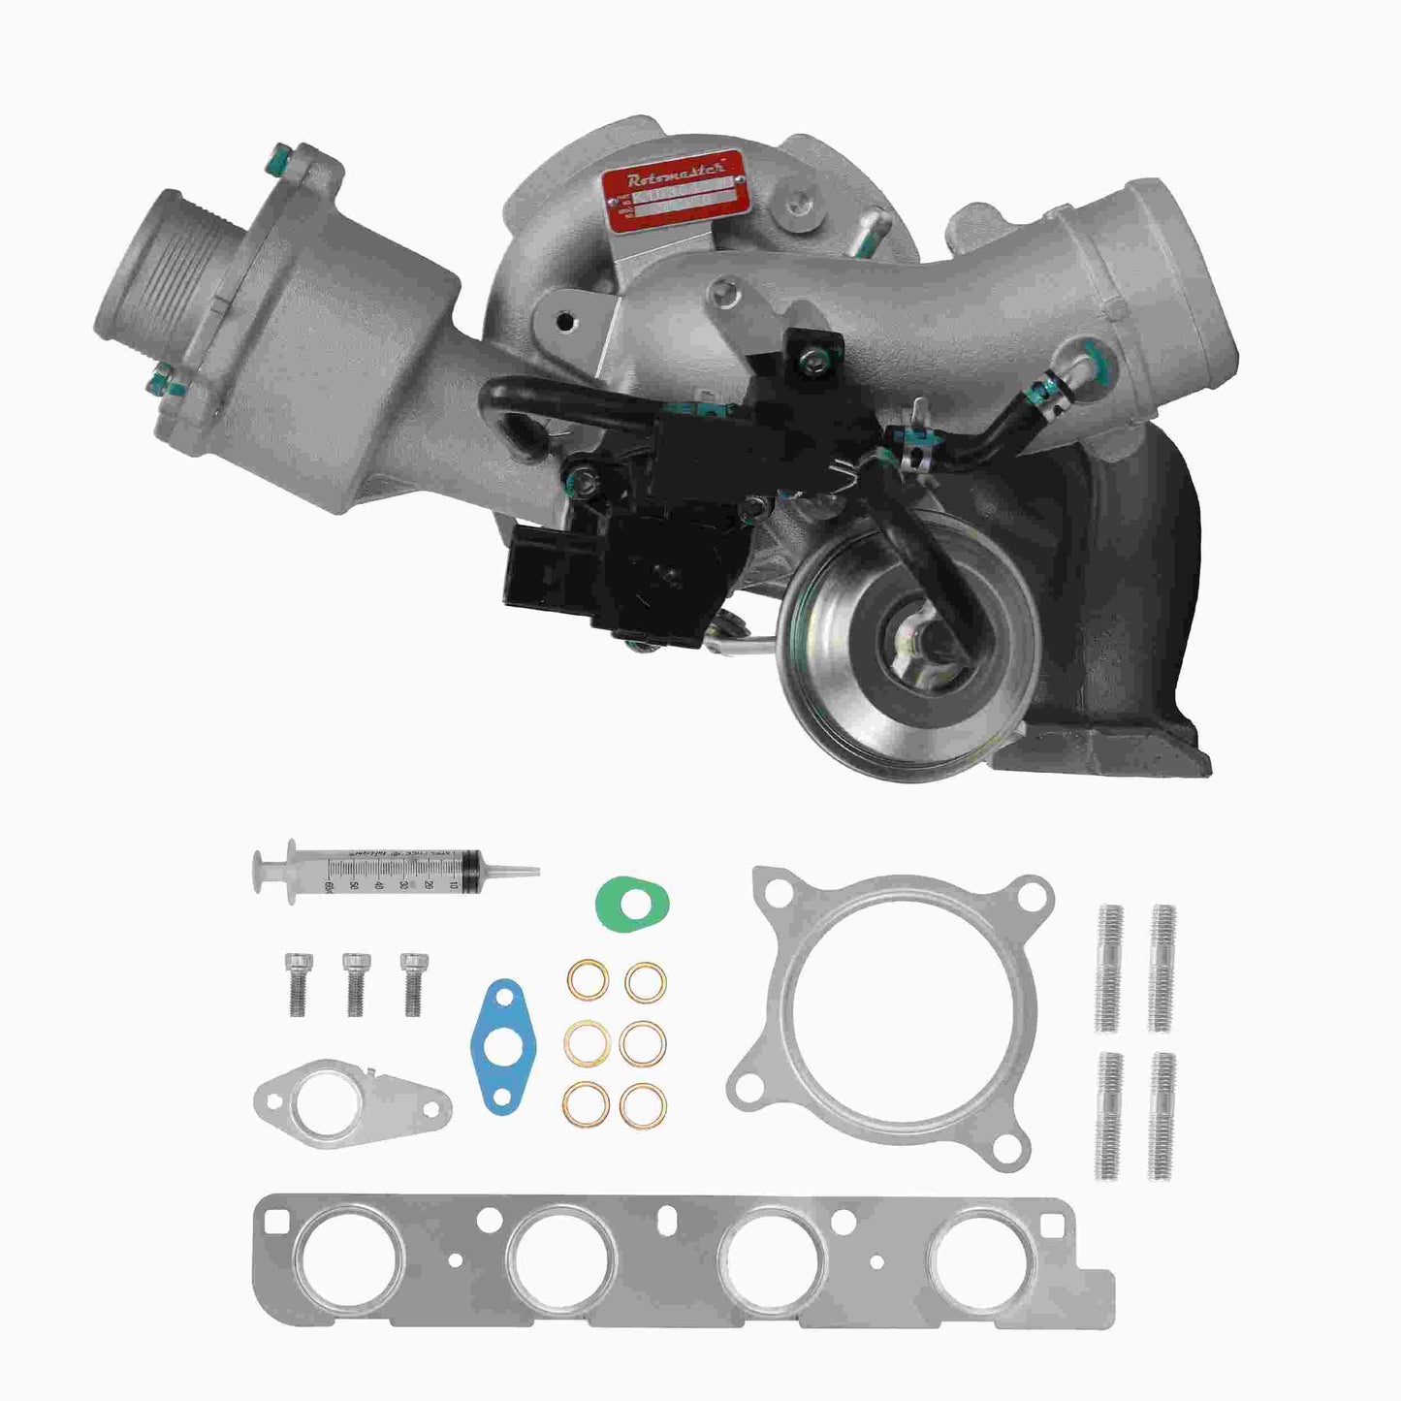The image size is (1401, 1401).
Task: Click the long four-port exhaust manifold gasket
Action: pyautogui.click(x=679, y=1260)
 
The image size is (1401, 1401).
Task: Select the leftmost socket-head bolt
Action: pyautogui.click(x=296, y=980)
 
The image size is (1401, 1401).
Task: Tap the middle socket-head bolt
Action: pyautogui.click(x=354, y=980)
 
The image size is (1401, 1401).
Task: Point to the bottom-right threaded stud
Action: pyautogui.click(x=1162, y=1115)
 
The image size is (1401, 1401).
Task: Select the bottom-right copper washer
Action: pyautogui.click(x=641, y=1104)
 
